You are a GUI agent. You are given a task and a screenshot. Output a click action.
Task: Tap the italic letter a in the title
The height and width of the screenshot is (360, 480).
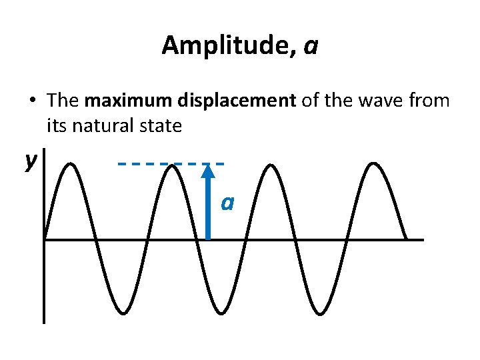coord(310,47)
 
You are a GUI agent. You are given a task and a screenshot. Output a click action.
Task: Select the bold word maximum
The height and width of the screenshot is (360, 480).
coord(122,101)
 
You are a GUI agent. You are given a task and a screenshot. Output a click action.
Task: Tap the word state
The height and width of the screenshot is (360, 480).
coord(161,125)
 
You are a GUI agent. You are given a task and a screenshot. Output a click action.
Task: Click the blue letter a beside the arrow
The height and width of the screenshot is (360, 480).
coord(227,202)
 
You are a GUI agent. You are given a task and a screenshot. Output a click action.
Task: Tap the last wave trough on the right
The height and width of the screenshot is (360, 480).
coord(320,312)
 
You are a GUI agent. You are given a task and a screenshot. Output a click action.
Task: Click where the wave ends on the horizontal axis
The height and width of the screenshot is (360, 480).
coord(407,239)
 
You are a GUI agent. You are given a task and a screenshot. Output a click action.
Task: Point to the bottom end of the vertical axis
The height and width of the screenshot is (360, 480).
coord(44,321)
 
